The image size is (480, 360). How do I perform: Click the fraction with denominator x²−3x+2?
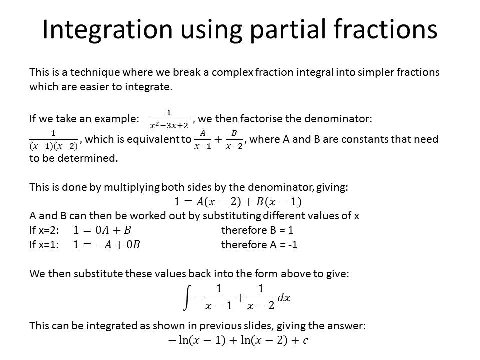click(169, 119)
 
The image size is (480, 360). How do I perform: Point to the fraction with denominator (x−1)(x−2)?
click(54, 140)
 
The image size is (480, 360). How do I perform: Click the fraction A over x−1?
click(202, 140)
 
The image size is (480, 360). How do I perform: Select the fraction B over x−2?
click(234, 140)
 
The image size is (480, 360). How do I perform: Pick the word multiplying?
click(132, 187)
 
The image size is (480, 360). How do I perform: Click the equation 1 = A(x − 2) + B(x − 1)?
click(238, 201)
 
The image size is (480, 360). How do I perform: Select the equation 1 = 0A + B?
click(102, 230)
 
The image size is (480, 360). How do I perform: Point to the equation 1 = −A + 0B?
click(107, 245)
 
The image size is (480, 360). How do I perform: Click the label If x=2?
click(44, 230)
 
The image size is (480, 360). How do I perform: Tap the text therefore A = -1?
click(259, 245)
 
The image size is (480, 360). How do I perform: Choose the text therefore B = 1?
click(257, 230)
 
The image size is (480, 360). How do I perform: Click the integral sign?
click(187, 298)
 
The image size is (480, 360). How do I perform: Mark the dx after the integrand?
click(284, 298)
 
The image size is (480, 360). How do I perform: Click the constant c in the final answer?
click(305, 341)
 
